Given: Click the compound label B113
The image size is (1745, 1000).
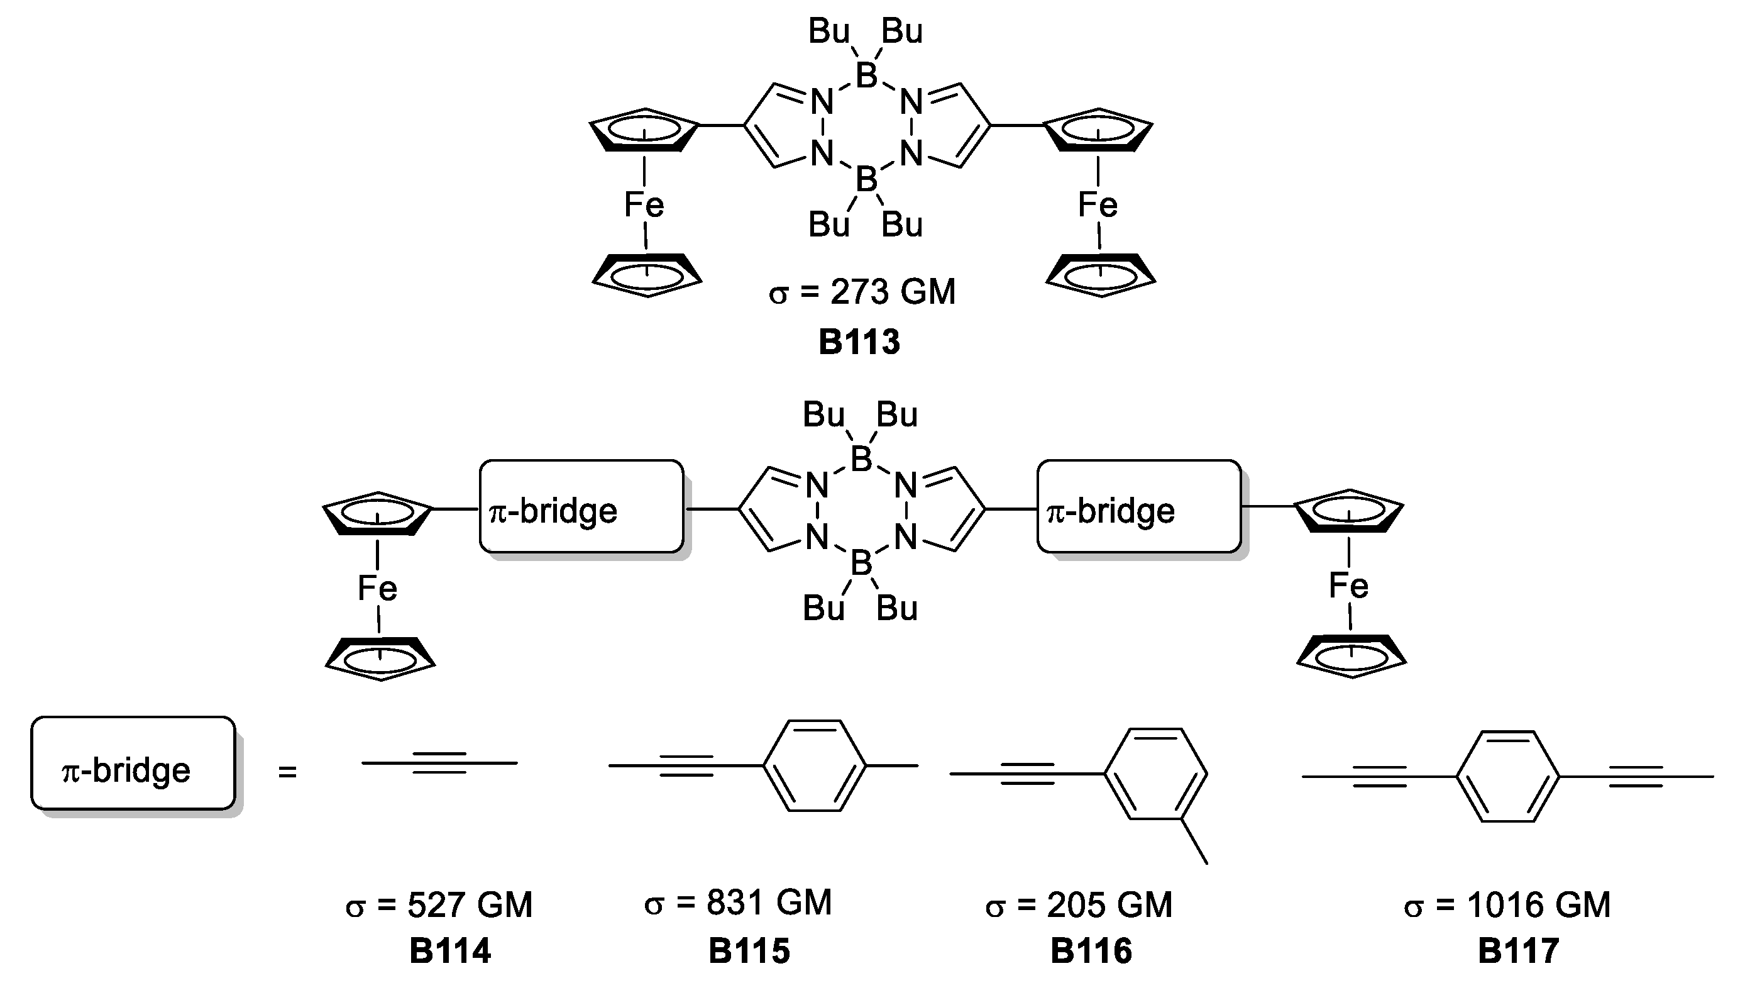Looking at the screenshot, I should [859, 343].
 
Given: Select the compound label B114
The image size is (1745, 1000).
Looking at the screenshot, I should [450, 951].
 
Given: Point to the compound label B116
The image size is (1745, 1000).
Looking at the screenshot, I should [1091, 951].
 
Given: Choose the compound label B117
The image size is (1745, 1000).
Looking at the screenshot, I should [1518, 951].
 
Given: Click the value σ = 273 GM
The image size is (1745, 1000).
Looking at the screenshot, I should [862, 292].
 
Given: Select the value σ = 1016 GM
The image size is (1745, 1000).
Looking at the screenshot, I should [1507, 905].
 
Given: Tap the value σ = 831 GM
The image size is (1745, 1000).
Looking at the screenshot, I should [738, 903].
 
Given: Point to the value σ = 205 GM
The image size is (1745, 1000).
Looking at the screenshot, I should [1079, 905].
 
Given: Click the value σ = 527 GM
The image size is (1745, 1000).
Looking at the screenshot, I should [439, 905].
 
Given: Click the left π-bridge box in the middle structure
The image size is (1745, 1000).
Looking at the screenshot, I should [581, 507].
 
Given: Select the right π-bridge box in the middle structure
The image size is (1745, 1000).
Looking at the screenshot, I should [1139, 507].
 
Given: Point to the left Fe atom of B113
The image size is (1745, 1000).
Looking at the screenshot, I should [644, 204].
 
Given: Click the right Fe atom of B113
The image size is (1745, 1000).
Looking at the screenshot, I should [1098, 204].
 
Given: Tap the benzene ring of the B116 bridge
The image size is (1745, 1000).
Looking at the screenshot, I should [1156, 774].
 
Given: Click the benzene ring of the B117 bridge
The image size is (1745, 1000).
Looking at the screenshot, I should [1507, 777].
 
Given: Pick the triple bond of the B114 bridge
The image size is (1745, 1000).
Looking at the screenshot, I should [439, 763].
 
